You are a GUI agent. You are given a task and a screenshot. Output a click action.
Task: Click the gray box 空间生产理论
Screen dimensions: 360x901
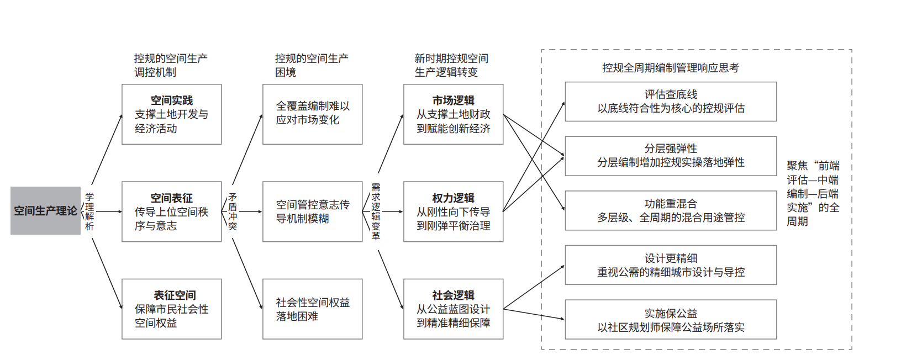[x=45, y=211]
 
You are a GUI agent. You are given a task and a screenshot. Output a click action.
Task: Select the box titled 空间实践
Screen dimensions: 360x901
[x=171, y=114]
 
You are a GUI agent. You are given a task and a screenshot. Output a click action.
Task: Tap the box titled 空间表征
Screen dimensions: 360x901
[x=171, y=211]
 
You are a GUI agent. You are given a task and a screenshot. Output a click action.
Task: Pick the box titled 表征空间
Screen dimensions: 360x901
[x=171, y=309]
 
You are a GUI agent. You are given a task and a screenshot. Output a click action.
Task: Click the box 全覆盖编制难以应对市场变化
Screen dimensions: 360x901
[x=312, y=114]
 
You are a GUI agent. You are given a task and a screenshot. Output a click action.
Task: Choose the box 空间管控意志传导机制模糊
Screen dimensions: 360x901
[x=312, y=211]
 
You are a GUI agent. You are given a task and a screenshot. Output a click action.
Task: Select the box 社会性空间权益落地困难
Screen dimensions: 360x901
[x=312, y=309]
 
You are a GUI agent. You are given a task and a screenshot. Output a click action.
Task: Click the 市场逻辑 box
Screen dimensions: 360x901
[x=453, y=114]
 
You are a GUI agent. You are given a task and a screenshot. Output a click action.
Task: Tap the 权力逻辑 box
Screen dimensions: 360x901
[x=453, y=211]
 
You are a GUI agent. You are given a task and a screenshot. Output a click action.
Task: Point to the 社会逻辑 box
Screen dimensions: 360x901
[x=453, y=309]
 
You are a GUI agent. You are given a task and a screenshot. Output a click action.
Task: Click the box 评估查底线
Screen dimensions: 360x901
[x=671, y=102]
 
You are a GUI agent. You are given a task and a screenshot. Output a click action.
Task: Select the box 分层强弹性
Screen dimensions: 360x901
[x=671, y=156]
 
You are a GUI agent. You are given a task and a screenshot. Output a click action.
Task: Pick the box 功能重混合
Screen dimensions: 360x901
[x=671, y=210]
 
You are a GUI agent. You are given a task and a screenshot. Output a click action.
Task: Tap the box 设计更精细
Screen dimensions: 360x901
[x=671, y=265]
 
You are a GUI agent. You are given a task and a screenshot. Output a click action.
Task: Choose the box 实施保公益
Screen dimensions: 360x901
[x=671, y=320]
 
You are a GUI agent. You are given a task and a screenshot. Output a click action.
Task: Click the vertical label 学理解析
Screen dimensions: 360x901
[x=89, y=211]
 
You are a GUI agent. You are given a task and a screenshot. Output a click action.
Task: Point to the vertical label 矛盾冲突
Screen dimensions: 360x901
[x=233, y=211]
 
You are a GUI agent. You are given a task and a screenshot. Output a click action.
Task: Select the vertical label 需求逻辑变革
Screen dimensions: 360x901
[x=376, y=211]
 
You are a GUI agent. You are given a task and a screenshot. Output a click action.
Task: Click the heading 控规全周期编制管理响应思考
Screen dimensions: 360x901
[x=670, y=68]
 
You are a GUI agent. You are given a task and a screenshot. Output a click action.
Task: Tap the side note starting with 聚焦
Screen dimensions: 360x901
[x=813, y=193]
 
